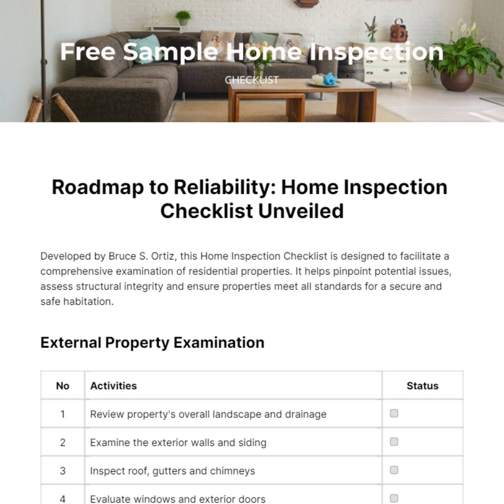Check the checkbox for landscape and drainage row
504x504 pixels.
(394, 413)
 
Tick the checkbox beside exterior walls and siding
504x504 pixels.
(394, 441)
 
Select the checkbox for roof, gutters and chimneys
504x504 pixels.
(394, 470)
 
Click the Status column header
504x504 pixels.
(422, 386)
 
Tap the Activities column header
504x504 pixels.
(113, 386)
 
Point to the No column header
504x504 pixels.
(63, 386)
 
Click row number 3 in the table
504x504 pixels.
(63, 471)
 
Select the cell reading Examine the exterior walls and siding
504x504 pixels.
(178, 442)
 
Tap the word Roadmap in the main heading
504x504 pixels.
(97, 187)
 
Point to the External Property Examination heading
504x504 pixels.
(152, 343)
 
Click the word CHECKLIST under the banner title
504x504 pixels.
(252, 80)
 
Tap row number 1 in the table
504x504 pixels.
(63, 414)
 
